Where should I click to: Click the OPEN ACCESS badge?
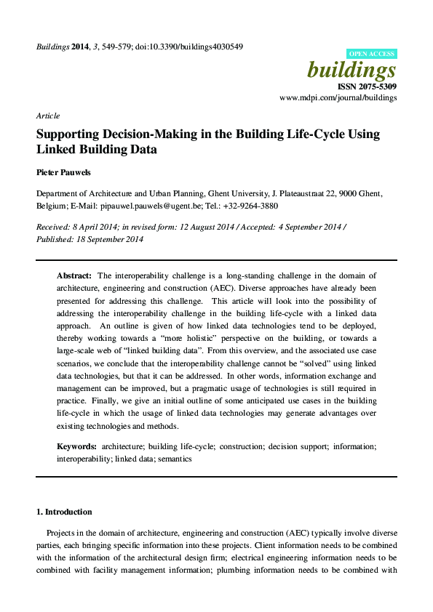pos(371,54)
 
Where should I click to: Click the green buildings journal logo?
pos(352,71)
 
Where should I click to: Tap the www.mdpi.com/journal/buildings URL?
pos(338,97)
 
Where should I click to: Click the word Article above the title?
pos(47,116)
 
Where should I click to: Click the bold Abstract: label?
pos(74,275)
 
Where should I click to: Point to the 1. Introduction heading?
pos(65,512)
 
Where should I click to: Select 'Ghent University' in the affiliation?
pos(239,194)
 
